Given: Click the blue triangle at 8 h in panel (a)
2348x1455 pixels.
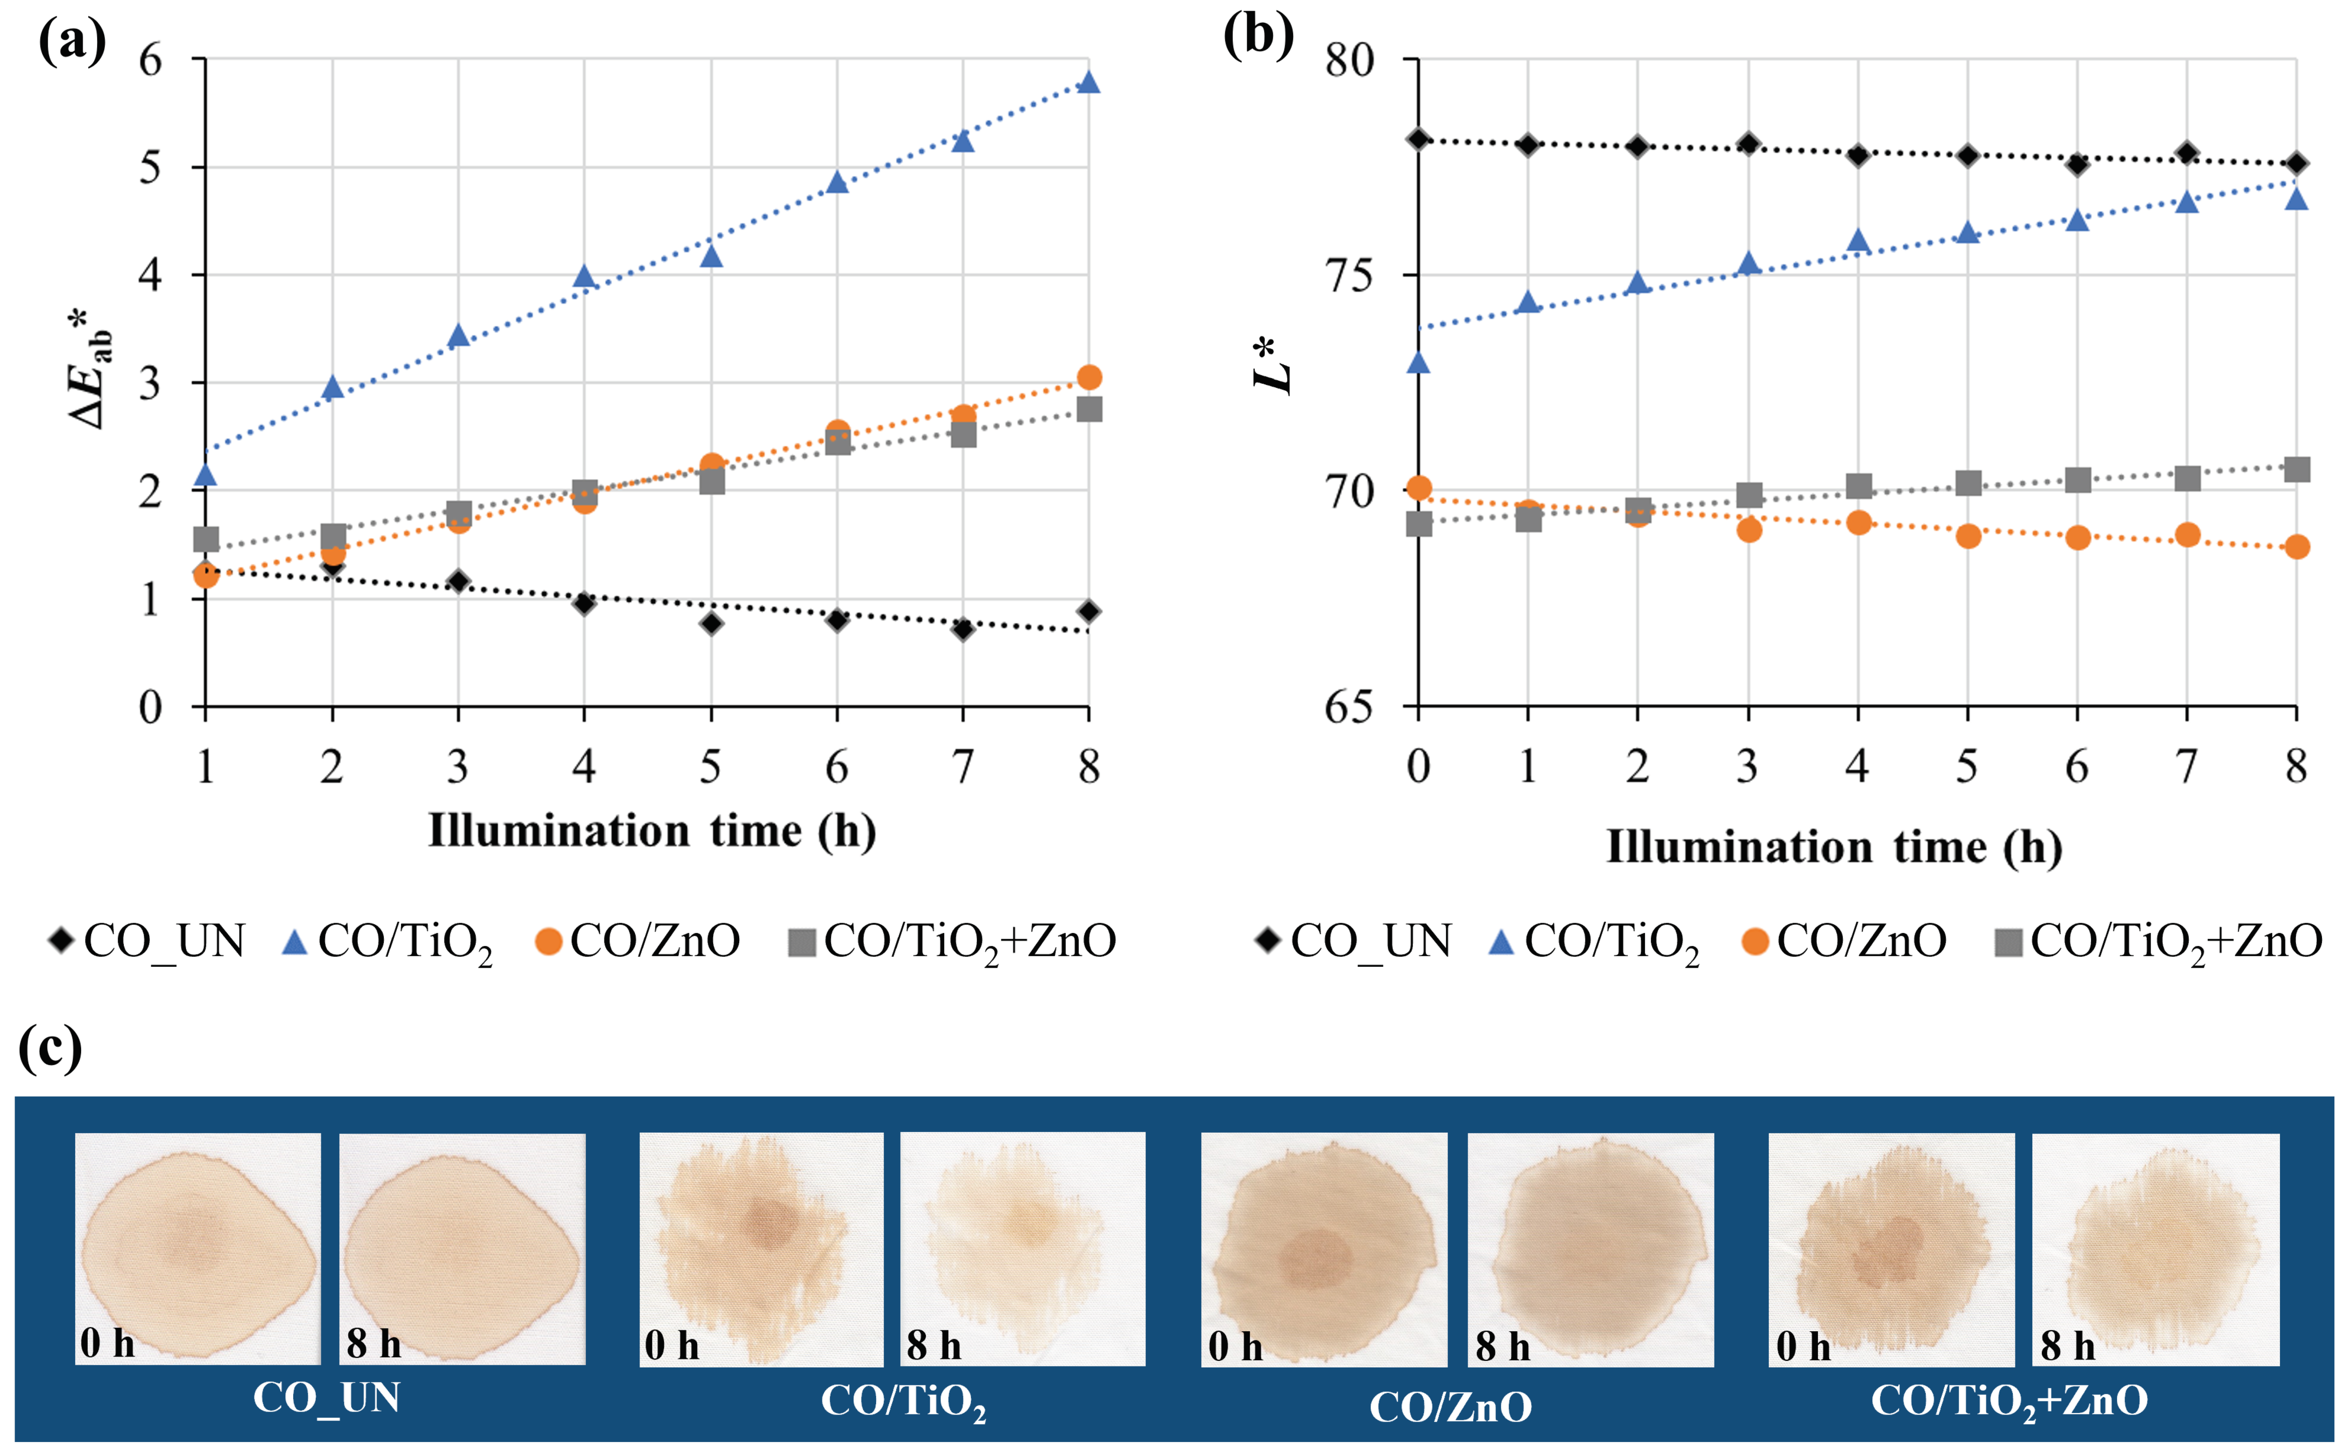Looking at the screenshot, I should [1089, 82].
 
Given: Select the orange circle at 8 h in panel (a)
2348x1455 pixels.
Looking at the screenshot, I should [1089, 377].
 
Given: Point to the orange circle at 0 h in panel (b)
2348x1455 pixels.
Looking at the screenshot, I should [1418, 488].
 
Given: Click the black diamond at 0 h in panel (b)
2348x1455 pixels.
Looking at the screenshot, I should [1418, 140].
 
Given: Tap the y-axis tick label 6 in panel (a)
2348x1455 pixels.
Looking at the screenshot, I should [151, 61].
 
